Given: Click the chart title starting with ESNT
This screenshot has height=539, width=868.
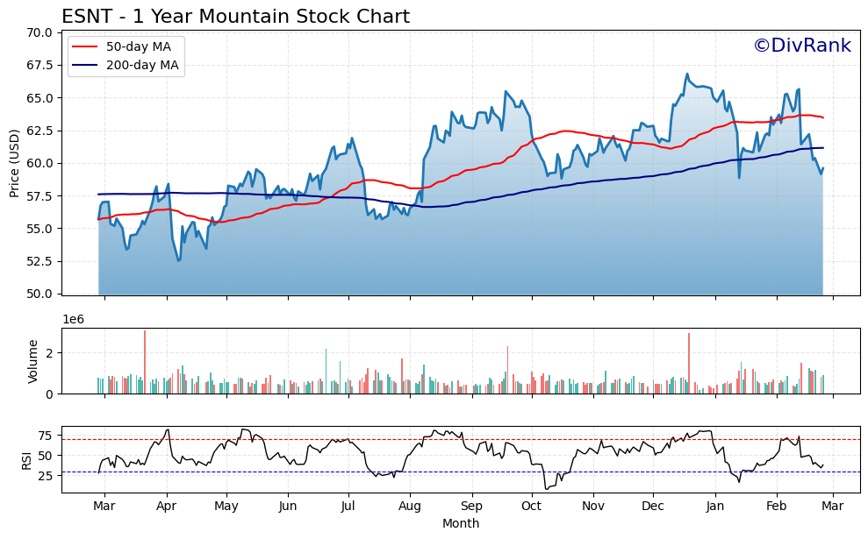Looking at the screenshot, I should pyautogui.click(x=235, y=17).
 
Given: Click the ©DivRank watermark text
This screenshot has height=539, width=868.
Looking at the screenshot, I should pyautogui.click(x=801, y=46).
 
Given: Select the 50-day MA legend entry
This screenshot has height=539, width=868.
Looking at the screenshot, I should pyautogui.click(x=138, y=46).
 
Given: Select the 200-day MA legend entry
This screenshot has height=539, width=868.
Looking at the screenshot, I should pyautogui.click(x=142, y=65).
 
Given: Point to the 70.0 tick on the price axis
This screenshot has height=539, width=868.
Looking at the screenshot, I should pyautogui.click(x=39, y=32).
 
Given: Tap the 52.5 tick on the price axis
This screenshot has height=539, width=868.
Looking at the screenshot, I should pyautogui.click(x=39, y=261).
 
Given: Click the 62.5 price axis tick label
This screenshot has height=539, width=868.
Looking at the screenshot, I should pyautogui.click(x=39, y=131).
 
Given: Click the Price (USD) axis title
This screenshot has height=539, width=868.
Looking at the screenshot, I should pyautogui.click(x=14, y=163).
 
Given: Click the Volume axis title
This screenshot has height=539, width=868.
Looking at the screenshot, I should pyautogui.click(x=33, y=361).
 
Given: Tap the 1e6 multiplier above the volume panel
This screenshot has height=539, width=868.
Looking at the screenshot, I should pyautogui.click(x=73, y=319).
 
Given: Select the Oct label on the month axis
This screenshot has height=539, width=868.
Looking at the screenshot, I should pyautogui.click(x=531, y=506).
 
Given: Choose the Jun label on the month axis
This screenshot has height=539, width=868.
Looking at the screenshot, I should pyautogui.click(x=287, y=506).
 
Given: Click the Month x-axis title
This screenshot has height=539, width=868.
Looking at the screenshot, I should pyautogui.click(x=461, y=523).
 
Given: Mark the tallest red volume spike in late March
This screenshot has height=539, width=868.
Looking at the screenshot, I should pyautogui.click(x=145, y=361).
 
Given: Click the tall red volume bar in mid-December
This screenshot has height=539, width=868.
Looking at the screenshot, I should pyautogui.click(x=689, y=363).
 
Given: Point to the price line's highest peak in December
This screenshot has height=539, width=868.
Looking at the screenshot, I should pyautogui.click(x=687, y=74).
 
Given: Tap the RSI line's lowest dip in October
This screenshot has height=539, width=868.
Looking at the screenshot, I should pyautogui.click(x=546, y=488).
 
